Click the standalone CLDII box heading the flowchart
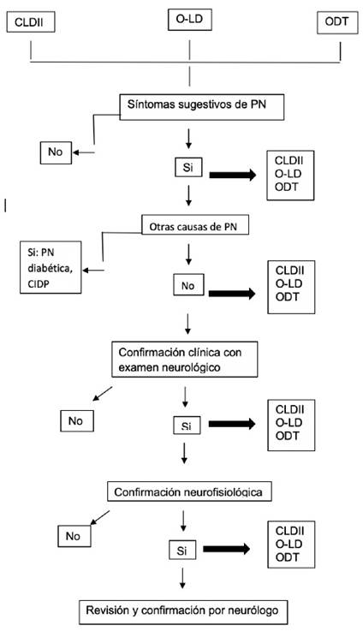coord(31,21)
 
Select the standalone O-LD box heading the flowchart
coord(189,20)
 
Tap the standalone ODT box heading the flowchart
coord(337,22)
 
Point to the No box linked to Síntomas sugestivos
coord(56,152)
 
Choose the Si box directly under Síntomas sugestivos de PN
coord(188,168)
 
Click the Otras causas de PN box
coord(195,226)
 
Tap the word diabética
coord(51,269)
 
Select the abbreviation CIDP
coord(39,284)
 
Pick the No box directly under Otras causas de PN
coord(188,285)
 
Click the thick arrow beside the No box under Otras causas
coord(232,294)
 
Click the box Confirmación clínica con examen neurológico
coord(185,360)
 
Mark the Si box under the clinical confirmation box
coord(187,425)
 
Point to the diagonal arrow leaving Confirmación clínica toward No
coord(103,394)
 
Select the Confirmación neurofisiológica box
coord(189,491)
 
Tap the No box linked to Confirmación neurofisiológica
coord(74,536)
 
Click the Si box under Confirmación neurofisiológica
coord(182,551)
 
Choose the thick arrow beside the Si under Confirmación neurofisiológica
coord(226,549)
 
